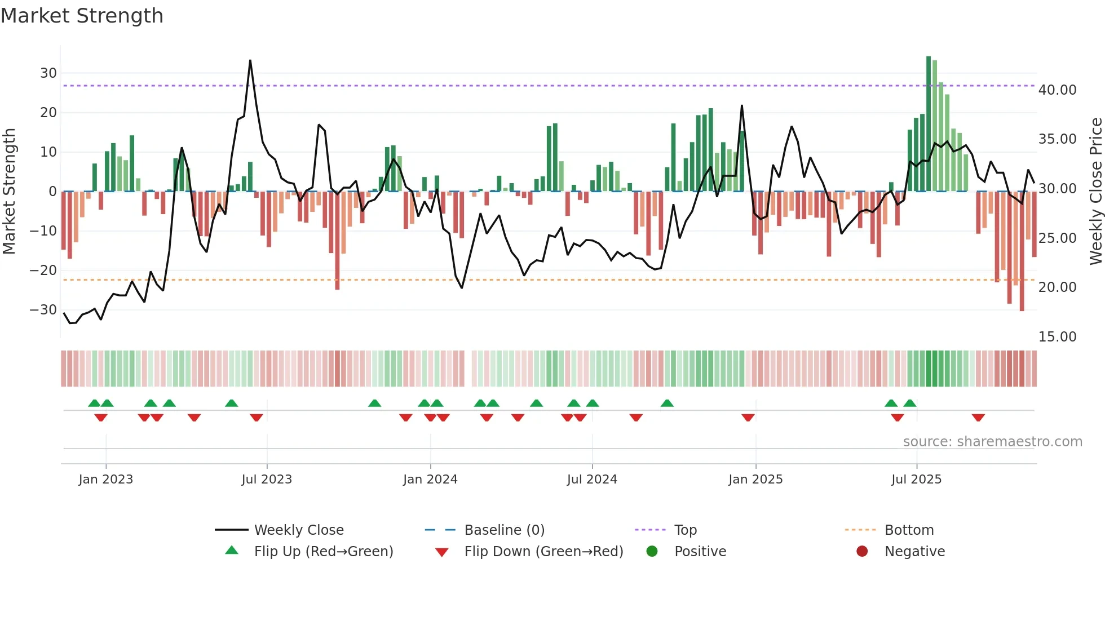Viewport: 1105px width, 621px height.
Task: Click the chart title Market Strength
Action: point(82,16)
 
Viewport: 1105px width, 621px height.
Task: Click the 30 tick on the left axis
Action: point(48,73)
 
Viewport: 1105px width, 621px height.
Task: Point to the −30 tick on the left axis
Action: point(43,310)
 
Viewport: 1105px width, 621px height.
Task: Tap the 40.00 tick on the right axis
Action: point(1057,90)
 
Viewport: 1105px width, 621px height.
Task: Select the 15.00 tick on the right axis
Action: point(1057,337)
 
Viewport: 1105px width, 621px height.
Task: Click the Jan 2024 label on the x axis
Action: point(430,480)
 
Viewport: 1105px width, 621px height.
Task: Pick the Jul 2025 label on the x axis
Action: point(916,480)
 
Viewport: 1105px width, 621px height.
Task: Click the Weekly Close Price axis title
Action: point(1095,192)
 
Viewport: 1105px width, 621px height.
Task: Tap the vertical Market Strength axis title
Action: point(9,192)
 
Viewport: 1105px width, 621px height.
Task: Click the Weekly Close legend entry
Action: point(299,530)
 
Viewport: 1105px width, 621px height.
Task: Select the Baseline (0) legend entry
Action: point(504,530)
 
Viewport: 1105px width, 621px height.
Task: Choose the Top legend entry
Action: point(686,530)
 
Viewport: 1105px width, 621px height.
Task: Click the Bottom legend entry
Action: point(909,530)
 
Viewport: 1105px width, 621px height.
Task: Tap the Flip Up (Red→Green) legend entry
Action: point(323,552)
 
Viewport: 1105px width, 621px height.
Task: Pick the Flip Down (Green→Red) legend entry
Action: point(543,552)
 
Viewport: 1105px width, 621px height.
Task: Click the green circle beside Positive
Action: point(652,552)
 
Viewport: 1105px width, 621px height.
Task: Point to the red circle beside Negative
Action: point(861,552)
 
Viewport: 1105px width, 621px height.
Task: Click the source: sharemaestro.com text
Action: point(992,442)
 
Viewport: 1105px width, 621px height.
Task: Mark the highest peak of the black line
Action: point(250,61)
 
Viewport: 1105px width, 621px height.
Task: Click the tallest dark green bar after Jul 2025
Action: point(929,57)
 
